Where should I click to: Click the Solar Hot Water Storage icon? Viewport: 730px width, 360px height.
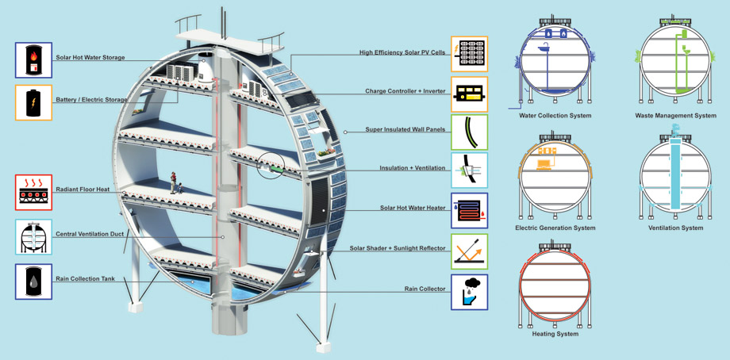(33, 60)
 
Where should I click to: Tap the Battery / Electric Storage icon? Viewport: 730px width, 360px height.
(33, 103)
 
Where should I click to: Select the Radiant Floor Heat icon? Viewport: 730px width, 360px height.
(33, 193)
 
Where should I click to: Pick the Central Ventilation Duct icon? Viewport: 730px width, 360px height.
(33, 237)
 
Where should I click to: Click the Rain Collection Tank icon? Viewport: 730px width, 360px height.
(33, 281)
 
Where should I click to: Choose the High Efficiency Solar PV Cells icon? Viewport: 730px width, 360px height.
(469, 53)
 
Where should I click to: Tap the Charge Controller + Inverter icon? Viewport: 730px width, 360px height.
(469, 94)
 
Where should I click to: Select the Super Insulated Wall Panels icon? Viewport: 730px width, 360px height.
(469, 132)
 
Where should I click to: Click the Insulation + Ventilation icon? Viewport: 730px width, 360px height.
(469, 170)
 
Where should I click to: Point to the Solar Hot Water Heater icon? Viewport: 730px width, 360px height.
(469, 211)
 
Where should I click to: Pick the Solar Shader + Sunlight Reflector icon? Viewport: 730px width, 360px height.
(469, 251)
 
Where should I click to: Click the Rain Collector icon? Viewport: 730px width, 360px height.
(469, 292)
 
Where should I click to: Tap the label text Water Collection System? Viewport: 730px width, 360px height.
(555, 115)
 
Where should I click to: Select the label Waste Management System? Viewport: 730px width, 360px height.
(675, 115)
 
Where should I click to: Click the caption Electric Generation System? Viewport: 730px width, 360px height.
(555, 228)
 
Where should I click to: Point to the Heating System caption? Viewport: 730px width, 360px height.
(555, 334)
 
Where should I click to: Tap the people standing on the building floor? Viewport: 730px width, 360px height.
(175, 182)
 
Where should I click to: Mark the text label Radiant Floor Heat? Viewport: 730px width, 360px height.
(83, 190)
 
